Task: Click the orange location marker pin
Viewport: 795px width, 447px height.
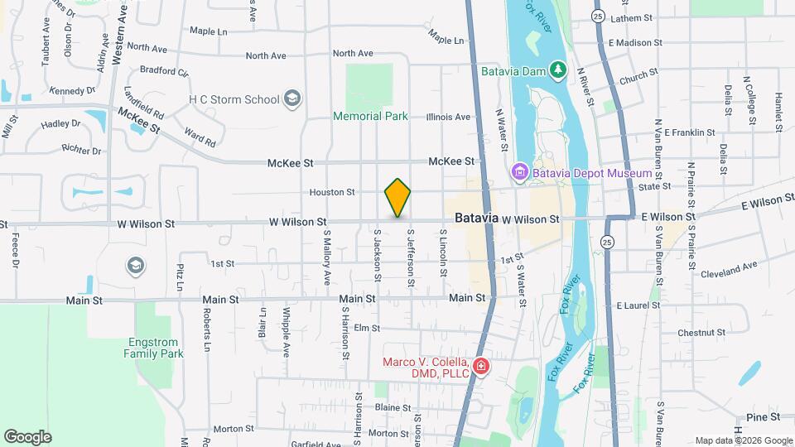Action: (397, 198)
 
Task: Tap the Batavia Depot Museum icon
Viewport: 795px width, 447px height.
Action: (519, 172)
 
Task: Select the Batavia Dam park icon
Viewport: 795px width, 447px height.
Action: (559, 71)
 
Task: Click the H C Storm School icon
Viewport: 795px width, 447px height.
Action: (291, 100)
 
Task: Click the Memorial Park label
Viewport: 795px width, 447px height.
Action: (370, 117)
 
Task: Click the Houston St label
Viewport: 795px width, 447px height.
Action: (332, 192)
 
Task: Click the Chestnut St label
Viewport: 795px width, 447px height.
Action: (701, 332)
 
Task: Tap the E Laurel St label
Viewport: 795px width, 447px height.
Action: (638, 305)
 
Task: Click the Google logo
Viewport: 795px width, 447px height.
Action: (27, 437)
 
